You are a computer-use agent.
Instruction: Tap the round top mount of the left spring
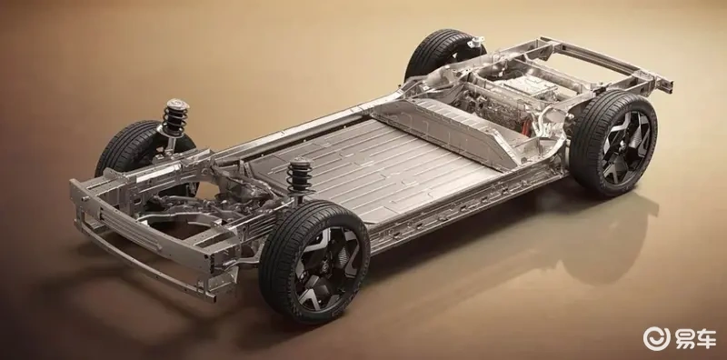(x=176, y=104)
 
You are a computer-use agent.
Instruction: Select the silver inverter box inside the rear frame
(x=529, y=86)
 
